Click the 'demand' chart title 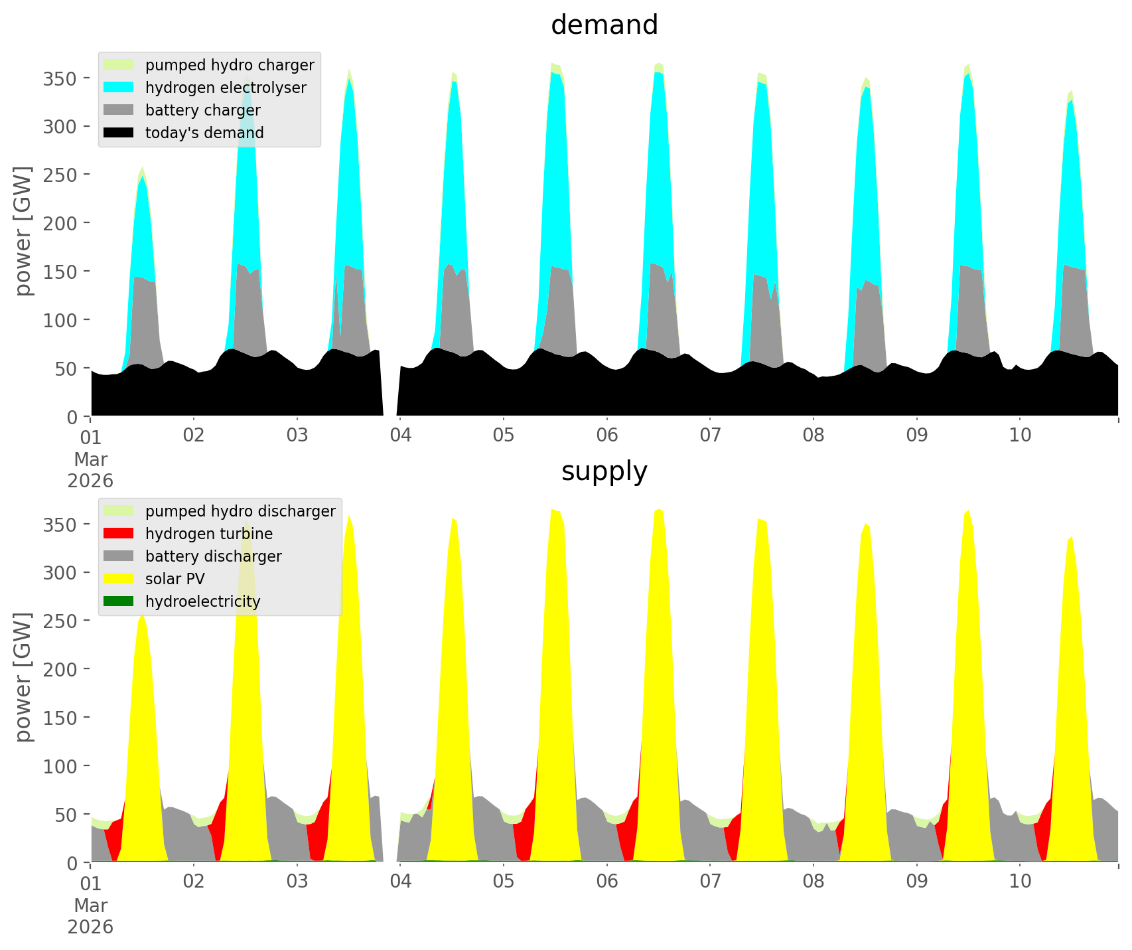[x=604, y=25]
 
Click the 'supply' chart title [x=604, y=471]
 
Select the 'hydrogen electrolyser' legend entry [x=226, y=88]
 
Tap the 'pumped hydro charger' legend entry [x=230, y=65]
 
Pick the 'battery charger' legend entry [x=202, y=110]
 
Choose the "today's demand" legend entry [x=204, y=133]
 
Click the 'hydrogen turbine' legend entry [x=208, y=534]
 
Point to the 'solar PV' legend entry [x=175, y=579]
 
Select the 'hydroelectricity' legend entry [x=202, y=601]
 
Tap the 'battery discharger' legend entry [x=213, y=556]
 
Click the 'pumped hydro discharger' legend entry [x=240, y=511]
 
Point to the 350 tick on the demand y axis [x=60, y=78]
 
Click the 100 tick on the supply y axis [x=60, y=765]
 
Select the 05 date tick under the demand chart [x=504, y=435]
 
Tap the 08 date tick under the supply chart [x=814, y=882]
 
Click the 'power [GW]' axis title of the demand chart [x=24, y=231]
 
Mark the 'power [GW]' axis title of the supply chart [x=24, y=677]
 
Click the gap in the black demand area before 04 [x=390, y=392]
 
